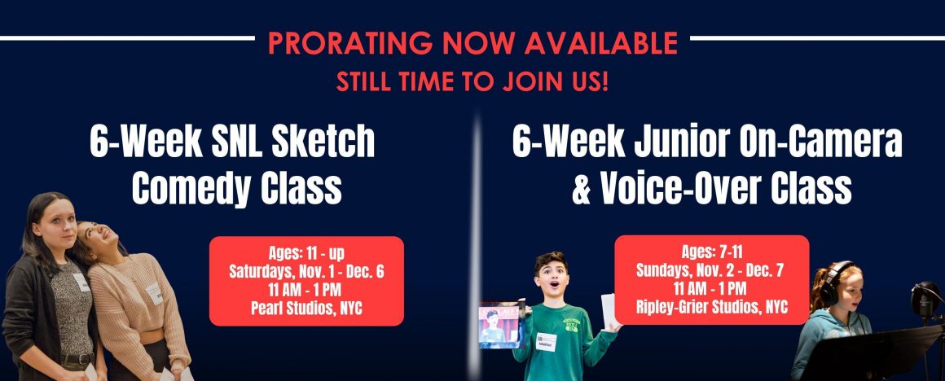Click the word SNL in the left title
click(228, 141)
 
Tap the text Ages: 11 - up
click(306, 253)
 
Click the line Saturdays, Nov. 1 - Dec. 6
click(306, 271)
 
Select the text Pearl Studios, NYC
click(306, 309)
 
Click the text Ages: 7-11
click(711, 252)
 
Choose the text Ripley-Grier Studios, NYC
click(711, 307)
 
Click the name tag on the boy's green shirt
click(546, 341)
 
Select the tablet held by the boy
click(500, 324)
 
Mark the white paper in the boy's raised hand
click(609, 309)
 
